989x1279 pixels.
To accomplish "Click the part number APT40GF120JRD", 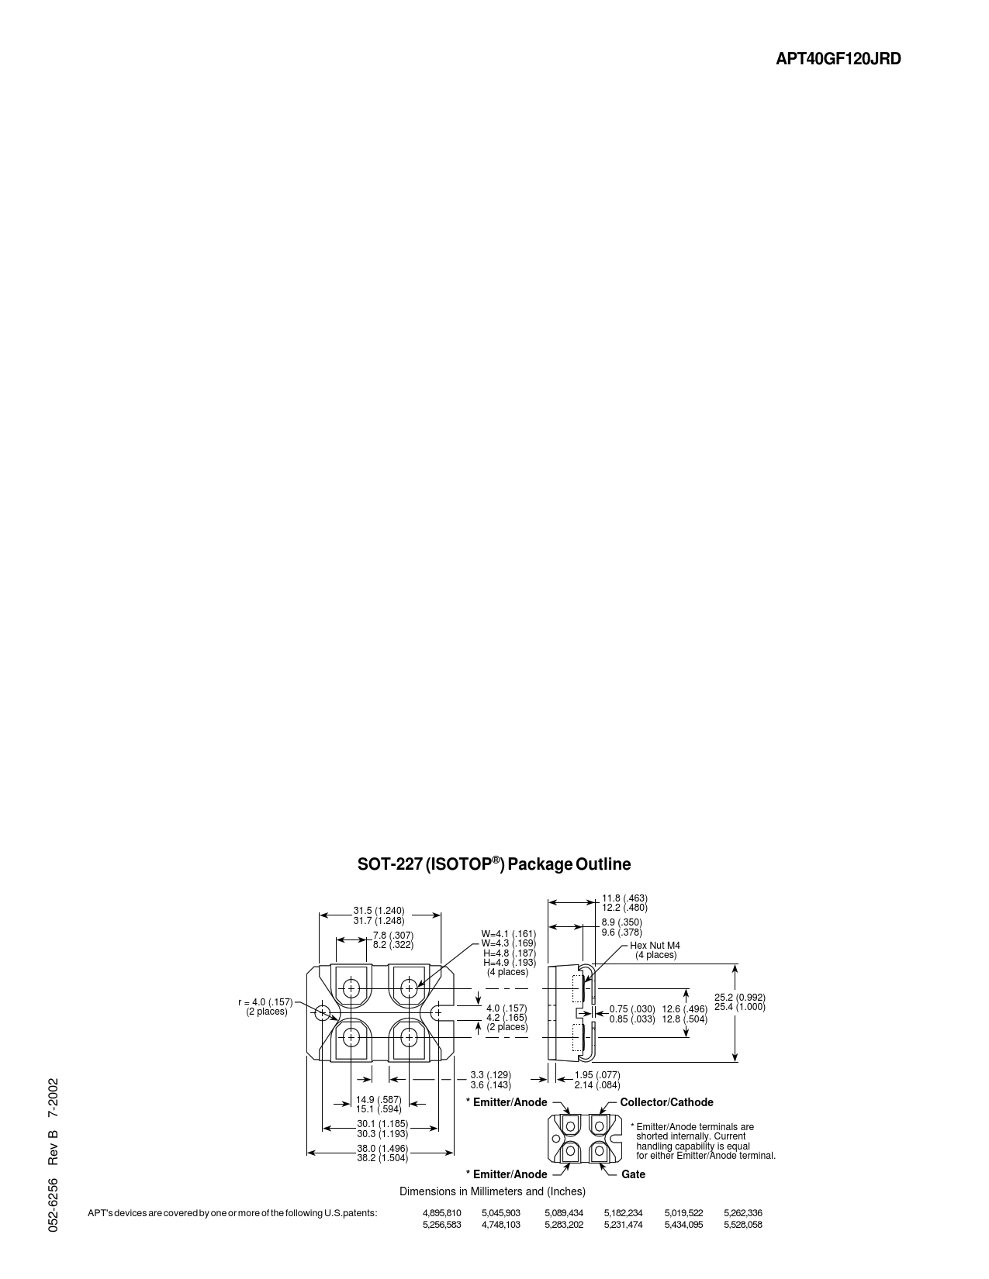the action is pyautogui.click(x=839, y=59).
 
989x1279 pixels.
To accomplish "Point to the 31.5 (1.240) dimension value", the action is pyautogui.click(x=379, y=911).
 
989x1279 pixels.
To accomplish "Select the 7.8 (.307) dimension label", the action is pyautogui.click(x=393, y=936).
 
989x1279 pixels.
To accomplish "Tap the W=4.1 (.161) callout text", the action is pyautogui.click(x=508, y=933).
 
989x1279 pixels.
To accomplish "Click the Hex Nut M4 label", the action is pyautogui.click(x=655, y=945).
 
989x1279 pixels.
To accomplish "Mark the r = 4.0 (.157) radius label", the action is pyautogui.click(x=265, y=1002).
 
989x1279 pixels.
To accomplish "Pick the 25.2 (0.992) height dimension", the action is pyautogui.click(x=740, y=997).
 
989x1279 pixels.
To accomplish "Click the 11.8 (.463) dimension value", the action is pyautogui.click(x=624, y=898).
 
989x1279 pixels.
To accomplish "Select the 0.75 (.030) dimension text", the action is pyautogui.click(x=632, y=1008).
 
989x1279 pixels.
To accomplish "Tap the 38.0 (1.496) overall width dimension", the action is pyautogui.click(x=382, y=1148).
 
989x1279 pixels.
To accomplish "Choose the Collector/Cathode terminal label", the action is pyautogui.click(x=666, y=1102).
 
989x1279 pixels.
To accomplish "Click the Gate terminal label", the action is pyautogui.click(x=633, y=1174).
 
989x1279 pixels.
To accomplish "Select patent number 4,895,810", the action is pyautogui.click(x=442, y=1212).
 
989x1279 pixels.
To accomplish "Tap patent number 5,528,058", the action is pyautogui.click(x=743, y=1224).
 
